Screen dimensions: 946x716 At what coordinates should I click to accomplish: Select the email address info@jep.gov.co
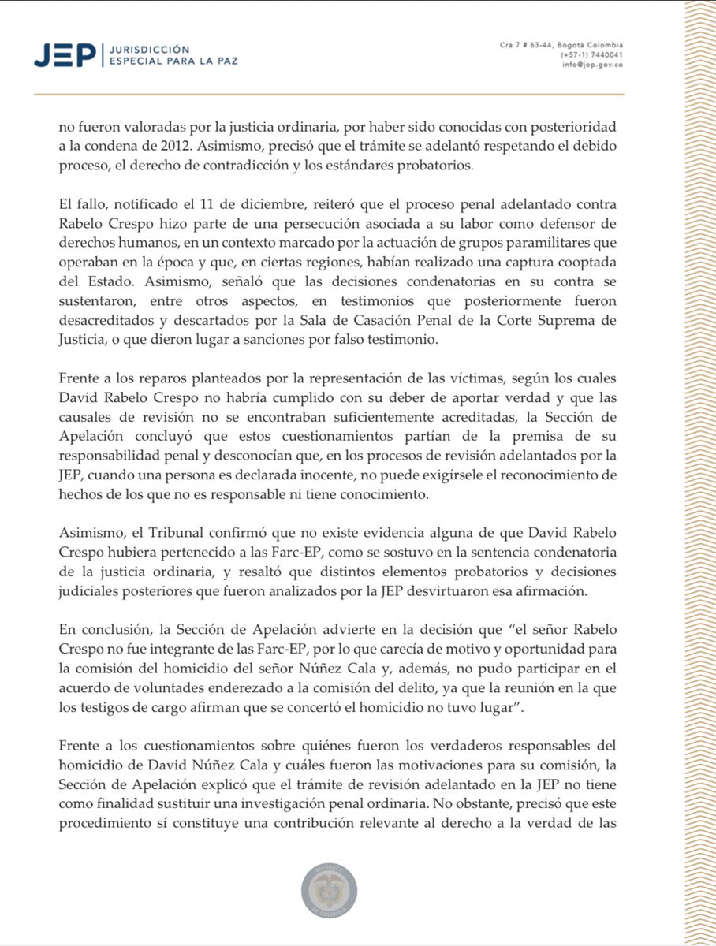(x=592, y=65)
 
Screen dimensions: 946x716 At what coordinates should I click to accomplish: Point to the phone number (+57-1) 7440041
(x=591, y=55)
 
